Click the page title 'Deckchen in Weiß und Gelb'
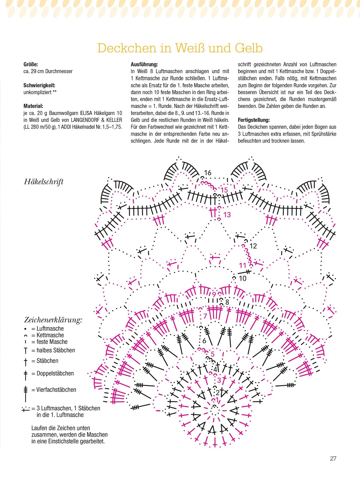tap(180, 48)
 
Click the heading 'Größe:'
tap(31, 65)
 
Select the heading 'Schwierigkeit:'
tap(39, 85)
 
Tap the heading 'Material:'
tap(33, 106)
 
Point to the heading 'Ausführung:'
tap(144, 65)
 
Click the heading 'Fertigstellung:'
tap(254, 120)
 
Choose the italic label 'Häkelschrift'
tap(44, 182)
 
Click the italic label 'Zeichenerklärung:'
tap(53, 320)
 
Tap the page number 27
tap(333, 458)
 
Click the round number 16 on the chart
tap(208, 173)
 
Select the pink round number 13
tap(227, 215)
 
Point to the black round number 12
tap(253, 246)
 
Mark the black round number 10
tap(243, 278)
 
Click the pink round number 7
tap(205, 316)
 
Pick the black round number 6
tap(204, 341)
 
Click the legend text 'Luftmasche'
tap(50, 328)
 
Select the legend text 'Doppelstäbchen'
tap(55, 373)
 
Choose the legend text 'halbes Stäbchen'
tap(56, 350)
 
